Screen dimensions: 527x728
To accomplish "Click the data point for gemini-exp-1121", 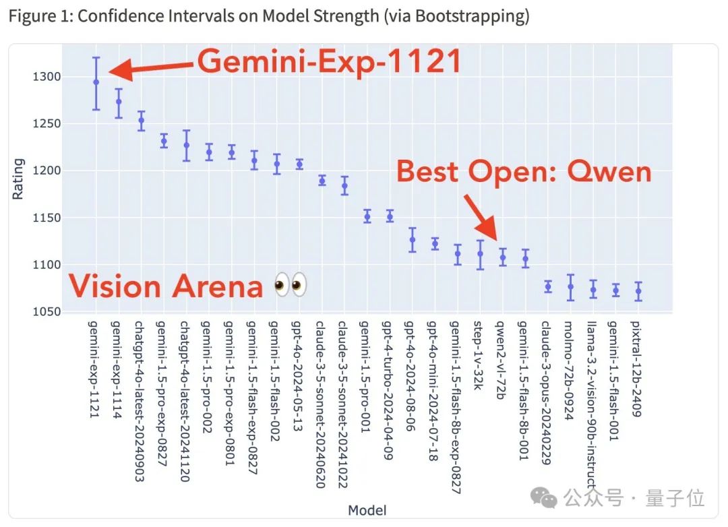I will pos(96,82).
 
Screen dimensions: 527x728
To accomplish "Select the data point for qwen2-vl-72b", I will pos(502,257).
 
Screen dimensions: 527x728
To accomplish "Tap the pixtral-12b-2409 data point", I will pos(638,292).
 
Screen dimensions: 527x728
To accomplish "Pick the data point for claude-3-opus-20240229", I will pos(547,287).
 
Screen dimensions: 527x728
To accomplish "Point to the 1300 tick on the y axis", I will pos(47,77).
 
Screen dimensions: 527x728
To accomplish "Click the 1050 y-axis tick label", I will pos(47,311).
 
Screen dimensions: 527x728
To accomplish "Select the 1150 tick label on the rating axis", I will pos(47,218).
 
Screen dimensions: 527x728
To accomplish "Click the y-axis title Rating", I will pos(18,179).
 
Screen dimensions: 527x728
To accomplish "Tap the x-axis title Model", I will pos(367,510).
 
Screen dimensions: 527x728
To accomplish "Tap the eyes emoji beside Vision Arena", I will pos(291,286).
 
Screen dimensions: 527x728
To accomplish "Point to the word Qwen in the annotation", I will pos(609,173).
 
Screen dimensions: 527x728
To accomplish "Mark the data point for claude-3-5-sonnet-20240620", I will pos(322,181).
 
